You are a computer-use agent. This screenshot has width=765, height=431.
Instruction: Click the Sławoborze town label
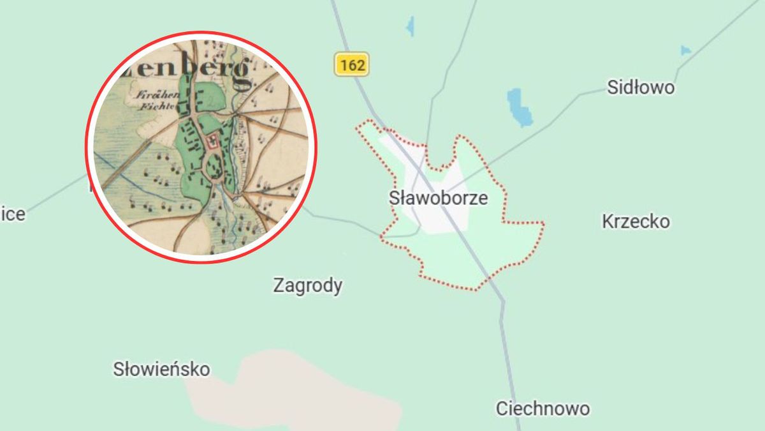(x=438, y=198)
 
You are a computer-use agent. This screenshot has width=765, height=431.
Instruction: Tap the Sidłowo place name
(x=640, y=87)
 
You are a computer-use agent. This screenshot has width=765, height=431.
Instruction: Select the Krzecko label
(x=636, y=222)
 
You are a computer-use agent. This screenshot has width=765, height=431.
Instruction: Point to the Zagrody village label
(x=307, y=285)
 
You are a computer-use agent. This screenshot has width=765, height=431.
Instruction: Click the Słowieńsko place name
(x=161, y=369)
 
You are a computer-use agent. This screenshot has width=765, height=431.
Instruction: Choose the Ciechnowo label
(x=543, y=408)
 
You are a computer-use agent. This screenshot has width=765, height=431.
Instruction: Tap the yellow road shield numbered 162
(x=352, y=64)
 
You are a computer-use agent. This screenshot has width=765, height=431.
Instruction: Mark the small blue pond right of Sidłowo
(x=685, y=50)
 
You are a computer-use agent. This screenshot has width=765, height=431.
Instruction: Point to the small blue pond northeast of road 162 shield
(x=410, y=26)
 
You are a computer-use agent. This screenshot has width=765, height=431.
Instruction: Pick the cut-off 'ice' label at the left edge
(x=12, y=214)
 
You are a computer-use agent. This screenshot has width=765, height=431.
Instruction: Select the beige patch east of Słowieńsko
(x=300, y=389)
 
